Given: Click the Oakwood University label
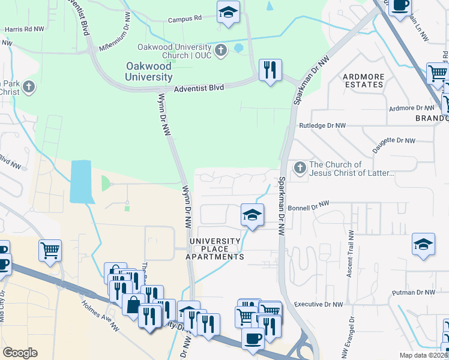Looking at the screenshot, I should (149, 71).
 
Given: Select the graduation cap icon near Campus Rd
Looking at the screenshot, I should (228, 13).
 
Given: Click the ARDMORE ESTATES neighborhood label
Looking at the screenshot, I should (363, 80).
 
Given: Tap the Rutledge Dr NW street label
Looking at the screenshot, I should (322, 126).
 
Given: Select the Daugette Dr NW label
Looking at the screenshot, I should (394, 141).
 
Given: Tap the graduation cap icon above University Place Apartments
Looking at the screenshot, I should (252, 215).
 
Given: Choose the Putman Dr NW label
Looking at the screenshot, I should (412, 292).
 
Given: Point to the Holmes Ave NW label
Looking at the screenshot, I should (100, 315).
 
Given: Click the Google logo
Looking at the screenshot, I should (20, 353).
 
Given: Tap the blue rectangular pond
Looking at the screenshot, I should (80, 181).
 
